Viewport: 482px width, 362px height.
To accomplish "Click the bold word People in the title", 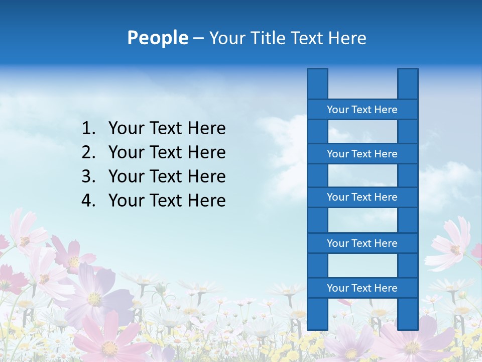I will [157, 38].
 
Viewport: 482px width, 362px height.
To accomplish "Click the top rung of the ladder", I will [362, 110].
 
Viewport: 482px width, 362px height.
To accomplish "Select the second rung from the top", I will [362, 154].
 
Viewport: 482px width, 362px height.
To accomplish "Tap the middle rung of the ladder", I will [362, 197].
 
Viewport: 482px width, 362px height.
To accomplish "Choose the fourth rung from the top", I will [362, 243].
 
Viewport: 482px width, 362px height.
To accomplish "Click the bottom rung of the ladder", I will [362, 288].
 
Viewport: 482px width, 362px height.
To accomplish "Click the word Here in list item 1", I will [206, 129].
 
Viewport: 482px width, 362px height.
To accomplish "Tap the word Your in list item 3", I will [126, 176].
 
